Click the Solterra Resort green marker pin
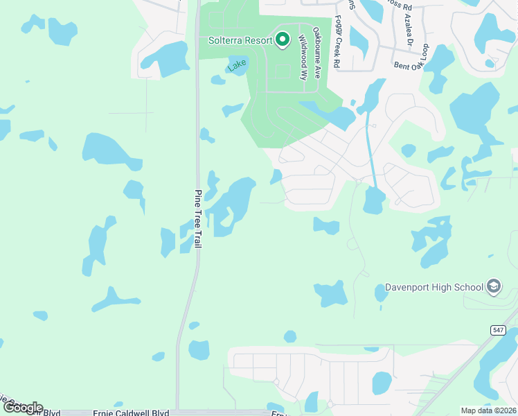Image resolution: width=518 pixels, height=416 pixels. pos(282,40)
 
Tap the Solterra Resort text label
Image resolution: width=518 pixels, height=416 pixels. pos(240,40)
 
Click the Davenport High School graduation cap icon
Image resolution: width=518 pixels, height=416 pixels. pos(493,286)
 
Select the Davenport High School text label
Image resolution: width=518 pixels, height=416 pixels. pos(434,287)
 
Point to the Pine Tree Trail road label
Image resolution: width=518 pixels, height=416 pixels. pos(197,221)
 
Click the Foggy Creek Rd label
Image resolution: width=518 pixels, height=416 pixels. pos(337,42)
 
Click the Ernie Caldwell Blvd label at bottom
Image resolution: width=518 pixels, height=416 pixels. pos(131,413)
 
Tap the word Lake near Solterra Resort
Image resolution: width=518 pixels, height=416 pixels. pos(237,65)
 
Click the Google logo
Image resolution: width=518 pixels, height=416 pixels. pos(22,408)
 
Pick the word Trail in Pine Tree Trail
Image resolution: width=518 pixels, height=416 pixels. pos(197,245)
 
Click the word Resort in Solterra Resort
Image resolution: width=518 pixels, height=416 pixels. pos(259,40)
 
